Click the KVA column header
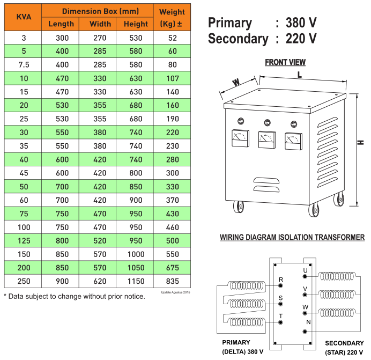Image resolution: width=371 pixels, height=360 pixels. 23,17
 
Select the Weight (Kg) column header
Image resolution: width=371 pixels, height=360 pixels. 172,17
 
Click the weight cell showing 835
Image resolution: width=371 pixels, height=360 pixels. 172,281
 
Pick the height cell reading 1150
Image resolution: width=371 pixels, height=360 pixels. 136,281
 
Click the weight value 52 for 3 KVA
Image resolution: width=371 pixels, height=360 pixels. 172,38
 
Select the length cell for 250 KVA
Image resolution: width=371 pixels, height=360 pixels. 62,281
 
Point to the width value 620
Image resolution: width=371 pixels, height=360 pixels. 100,281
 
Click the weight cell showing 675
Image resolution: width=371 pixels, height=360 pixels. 172,267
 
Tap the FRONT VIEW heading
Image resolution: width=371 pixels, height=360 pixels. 285,63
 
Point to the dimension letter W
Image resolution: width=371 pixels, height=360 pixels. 235,83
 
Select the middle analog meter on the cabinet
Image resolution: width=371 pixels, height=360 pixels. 265,139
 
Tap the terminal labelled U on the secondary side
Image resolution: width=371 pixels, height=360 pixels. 305,276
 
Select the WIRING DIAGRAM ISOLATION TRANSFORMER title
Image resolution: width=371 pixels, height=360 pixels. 292,237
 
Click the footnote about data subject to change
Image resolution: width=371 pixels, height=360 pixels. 75,296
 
